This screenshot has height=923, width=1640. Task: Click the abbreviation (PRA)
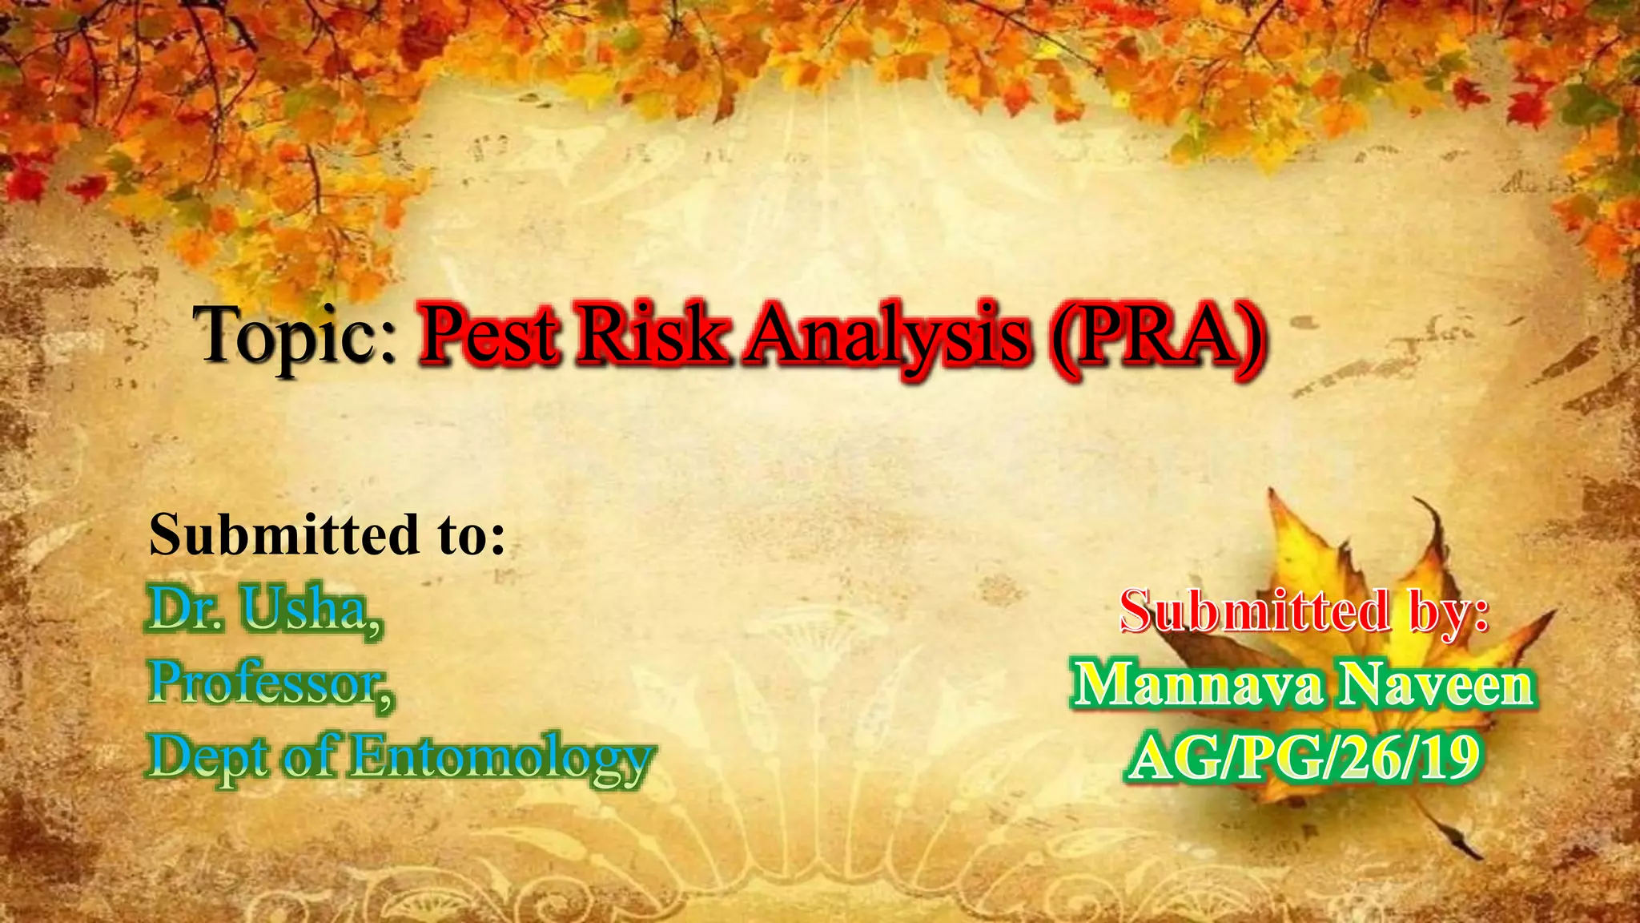(1158, 335)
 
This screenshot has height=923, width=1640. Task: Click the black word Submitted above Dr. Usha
(284, 534)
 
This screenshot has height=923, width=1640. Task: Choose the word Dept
(208, 758)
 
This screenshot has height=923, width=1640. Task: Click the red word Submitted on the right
(1254, 611)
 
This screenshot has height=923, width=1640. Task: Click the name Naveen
(1438, 685)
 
